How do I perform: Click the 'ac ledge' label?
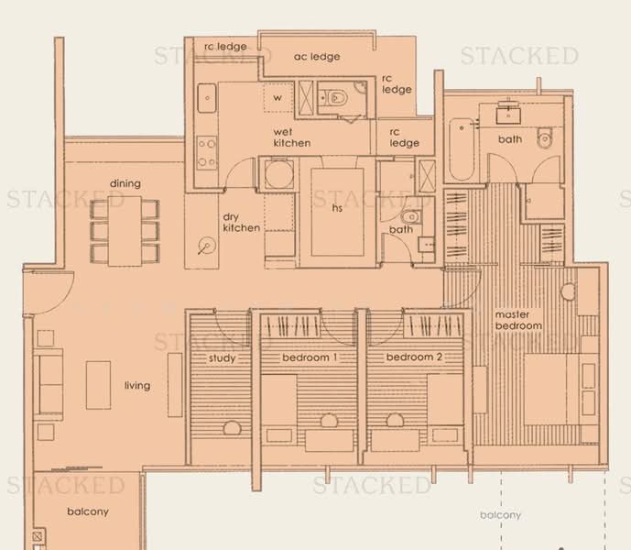click(317, 57)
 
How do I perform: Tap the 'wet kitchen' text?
click(292, 137)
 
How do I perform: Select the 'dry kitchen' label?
click(241, 223)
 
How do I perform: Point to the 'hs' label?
click(337, 207)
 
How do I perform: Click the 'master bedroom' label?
click(518, 320)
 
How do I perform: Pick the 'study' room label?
click(223, 358)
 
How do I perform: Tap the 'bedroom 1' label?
click(310, 357)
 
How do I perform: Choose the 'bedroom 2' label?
click(414, 357)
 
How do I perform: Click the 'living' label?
click(137, 386)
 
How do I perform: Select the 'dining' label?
click(125, 183)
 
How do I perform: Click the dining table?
click(125, 231)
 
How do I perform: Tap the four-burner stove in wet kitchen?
click(206, 153)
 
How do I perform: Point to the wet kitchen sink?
click(207, 98)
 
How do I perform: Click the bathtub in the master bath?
click(462, 149)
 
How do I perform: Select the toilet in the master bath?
click(544, 137)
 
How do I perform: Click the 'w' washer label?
click(277, 98)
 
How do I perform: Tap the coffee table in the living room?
click(98, 385)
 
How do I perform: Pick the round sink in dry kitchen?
click(207, 246)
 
